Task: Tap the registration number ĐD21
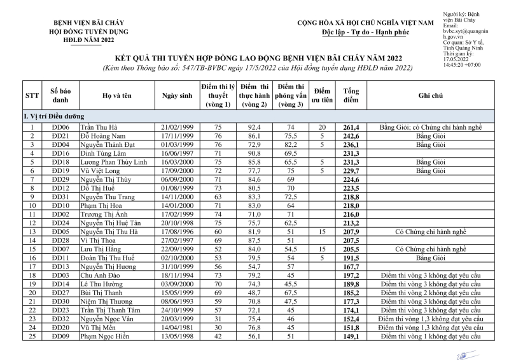tap(60, 136)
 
